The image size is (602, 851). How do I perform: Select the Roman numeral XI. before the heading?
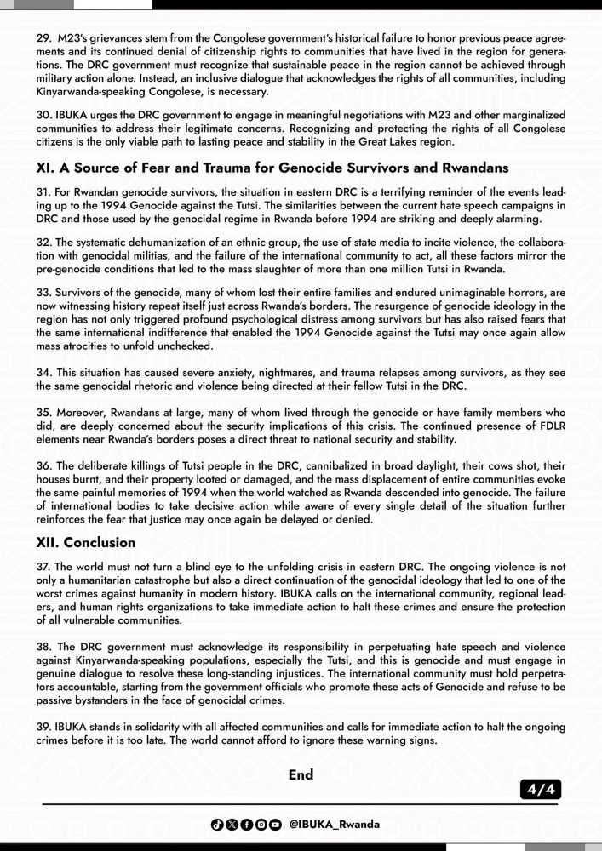(x=46, y=168)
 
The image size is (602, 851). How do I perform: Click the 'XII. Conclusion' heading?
(x=85, y=542)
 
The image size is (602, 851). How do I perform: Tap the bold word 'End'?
(x=301, y=774)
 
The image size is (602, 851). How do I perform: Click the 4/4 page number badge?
(x=541, y=791)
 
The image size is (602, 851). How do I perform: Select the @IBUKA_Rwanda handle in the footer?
(x=335, y=825)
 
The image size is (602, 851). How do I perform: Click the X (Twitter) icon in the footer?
(x=232, y=825)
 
